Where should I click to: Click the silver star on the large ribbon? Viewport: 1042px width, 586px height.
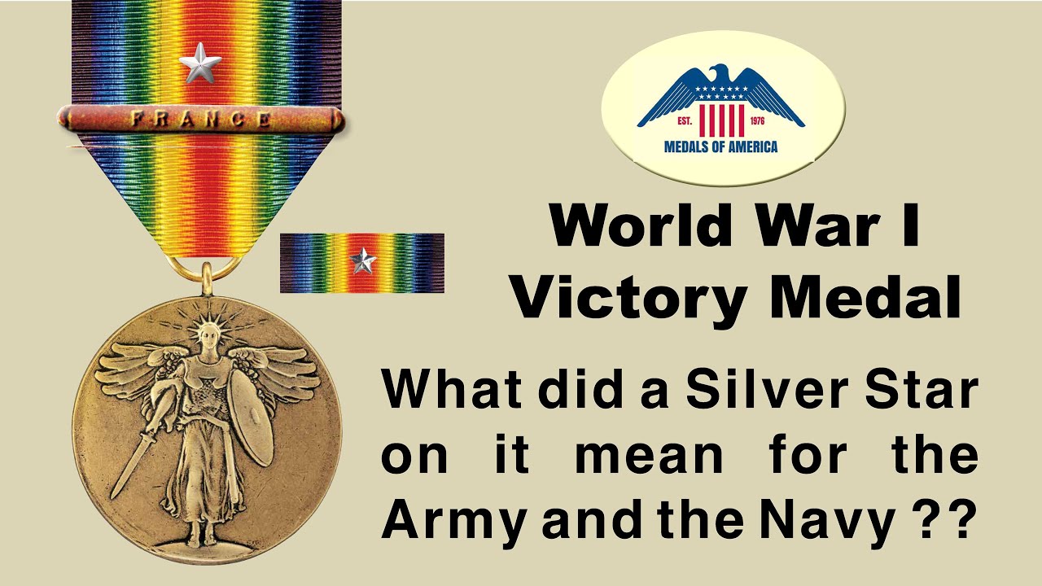(199, 64)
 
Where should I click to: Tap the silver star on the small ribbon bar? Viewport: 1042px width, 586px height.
(362, 261)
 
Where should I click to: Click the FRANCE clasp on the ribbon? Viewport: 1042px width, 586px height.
(200, 119)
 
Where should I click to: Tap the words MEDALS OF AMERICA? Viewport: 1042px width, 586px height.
(721, 147)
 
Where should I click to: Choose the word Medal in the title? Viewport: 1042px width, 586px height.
(865, 298)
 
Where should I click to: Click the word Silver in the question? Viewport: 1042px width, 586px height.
(765, 391)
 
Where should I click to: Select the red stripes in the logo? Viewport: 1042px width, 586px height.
(721, 121)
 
